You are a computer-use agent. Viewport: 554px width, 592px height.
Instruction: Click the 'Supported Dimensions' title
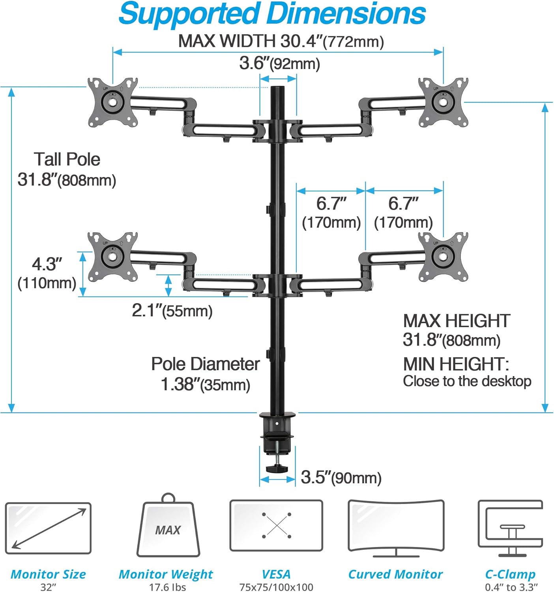[272, 14]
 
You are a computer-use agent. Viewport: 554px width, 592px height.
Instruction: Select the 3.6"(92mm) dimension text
[279, 63]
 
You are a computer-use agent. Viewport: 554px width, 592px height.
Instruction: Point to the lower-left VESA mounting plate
[113, 257]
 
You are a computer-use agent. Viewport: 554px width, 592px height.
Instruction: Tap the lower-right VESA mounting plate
[443, 257]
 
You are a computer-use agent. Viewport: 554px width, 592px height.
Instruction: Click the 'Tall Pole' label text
[67, 159]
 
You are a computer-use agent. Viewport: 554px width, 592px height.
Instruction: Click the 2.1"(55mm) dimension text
[172, 311]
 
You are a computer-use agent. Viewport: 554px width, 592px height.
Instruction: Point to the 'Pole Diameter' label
[205, 364]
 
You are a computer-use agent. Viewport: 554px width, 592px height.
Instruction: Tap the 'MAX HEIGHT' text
[457, 321]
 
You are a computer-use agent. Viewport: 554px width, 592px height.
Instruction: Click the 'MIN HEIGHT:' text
[456, 364]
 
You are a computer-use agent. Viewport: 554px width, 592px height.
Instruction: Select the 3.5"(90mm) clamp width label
[341, 478]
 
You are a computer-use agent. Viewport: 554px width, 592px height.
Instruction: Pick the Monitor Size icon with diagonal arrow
[48, 528]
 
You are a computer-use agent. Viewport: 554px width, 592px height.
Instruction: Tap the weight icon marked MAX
[168, 529]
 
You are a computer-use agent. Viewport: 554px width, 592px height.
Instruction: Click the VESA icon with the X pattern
[276, 526]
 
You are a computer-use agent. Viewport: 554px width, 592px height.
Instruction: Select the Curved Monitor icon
[396, 527]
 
